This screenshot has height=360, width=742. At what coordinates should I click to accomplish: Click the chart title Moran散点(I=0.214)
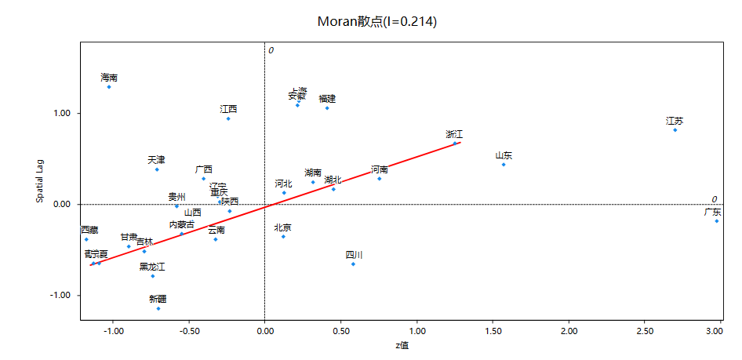tap(376, 21)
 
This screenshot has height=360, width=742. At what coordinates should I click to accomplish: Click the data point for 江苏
tap(675, 129)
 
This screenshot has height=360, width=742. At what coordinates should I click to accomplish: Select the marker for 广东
tap(717, 221)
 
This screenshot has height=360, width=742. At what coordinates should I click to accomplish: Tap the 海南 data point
tap(109, 87)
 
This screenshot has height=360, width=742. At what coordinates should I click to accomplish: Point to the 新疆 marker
tap(158, 308)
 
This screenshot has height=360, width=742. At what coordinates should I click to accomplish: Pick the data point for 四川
tap(353, 264)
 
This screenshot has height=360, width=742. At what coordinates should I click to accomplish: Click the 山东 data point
tap(504, 165)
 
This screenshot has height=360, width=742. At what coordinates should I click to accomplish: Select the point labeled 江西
tap(228, 118)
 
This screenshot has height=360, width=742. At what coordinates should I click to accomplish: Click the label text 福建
tap(327, 99)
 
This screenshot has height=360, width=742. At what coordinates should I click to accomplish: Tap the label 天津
tap(156, 160)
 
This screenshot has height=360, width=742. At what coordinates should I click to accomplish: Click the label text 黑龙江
tap(152, 267)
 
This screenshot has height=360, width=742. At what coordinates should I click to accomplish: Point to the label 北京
tap(283, 227)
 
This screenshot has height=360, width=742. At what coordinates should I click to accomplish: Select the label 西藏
tap(89, 230)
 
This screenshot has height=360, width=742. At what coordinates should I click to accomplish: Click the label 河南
tap(380, 169)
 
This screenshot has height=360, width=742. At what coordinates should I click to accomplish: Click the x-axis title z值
tap(402, 346)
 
